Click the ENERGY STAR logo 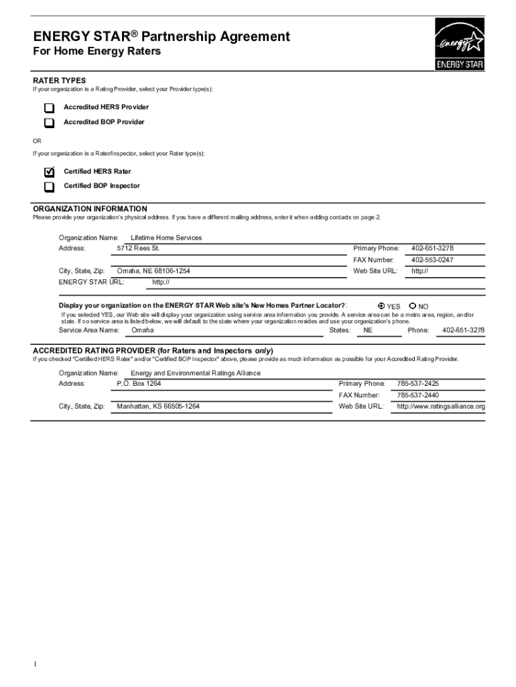point(459,45)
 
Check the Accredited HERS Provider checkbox point(49,108)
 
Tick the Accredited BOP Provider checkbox point(49,123)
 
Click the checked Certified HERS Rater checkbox point(49,172)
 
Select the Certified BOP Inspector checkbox point(49,187)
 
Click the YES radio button point(381,306)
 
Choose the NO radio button point(412,306)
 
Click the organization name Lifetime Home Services point(166,237)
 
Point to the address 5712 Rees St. point(138,248)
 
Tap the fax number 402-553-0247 point(432,260)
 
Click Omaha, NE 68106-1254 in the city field point(153,271)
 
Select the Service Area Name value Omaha point(142,330)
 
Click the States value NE point(368,330)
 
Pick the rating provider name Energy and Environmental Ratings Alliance point(195,373)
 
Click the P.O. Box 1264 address point(139,384)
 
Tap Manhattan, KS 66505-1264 point(158,407)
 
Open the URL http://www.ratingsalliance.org point(440,407)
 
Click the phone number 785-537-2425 point(417,384)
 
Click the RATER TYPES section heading point(60,81)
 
